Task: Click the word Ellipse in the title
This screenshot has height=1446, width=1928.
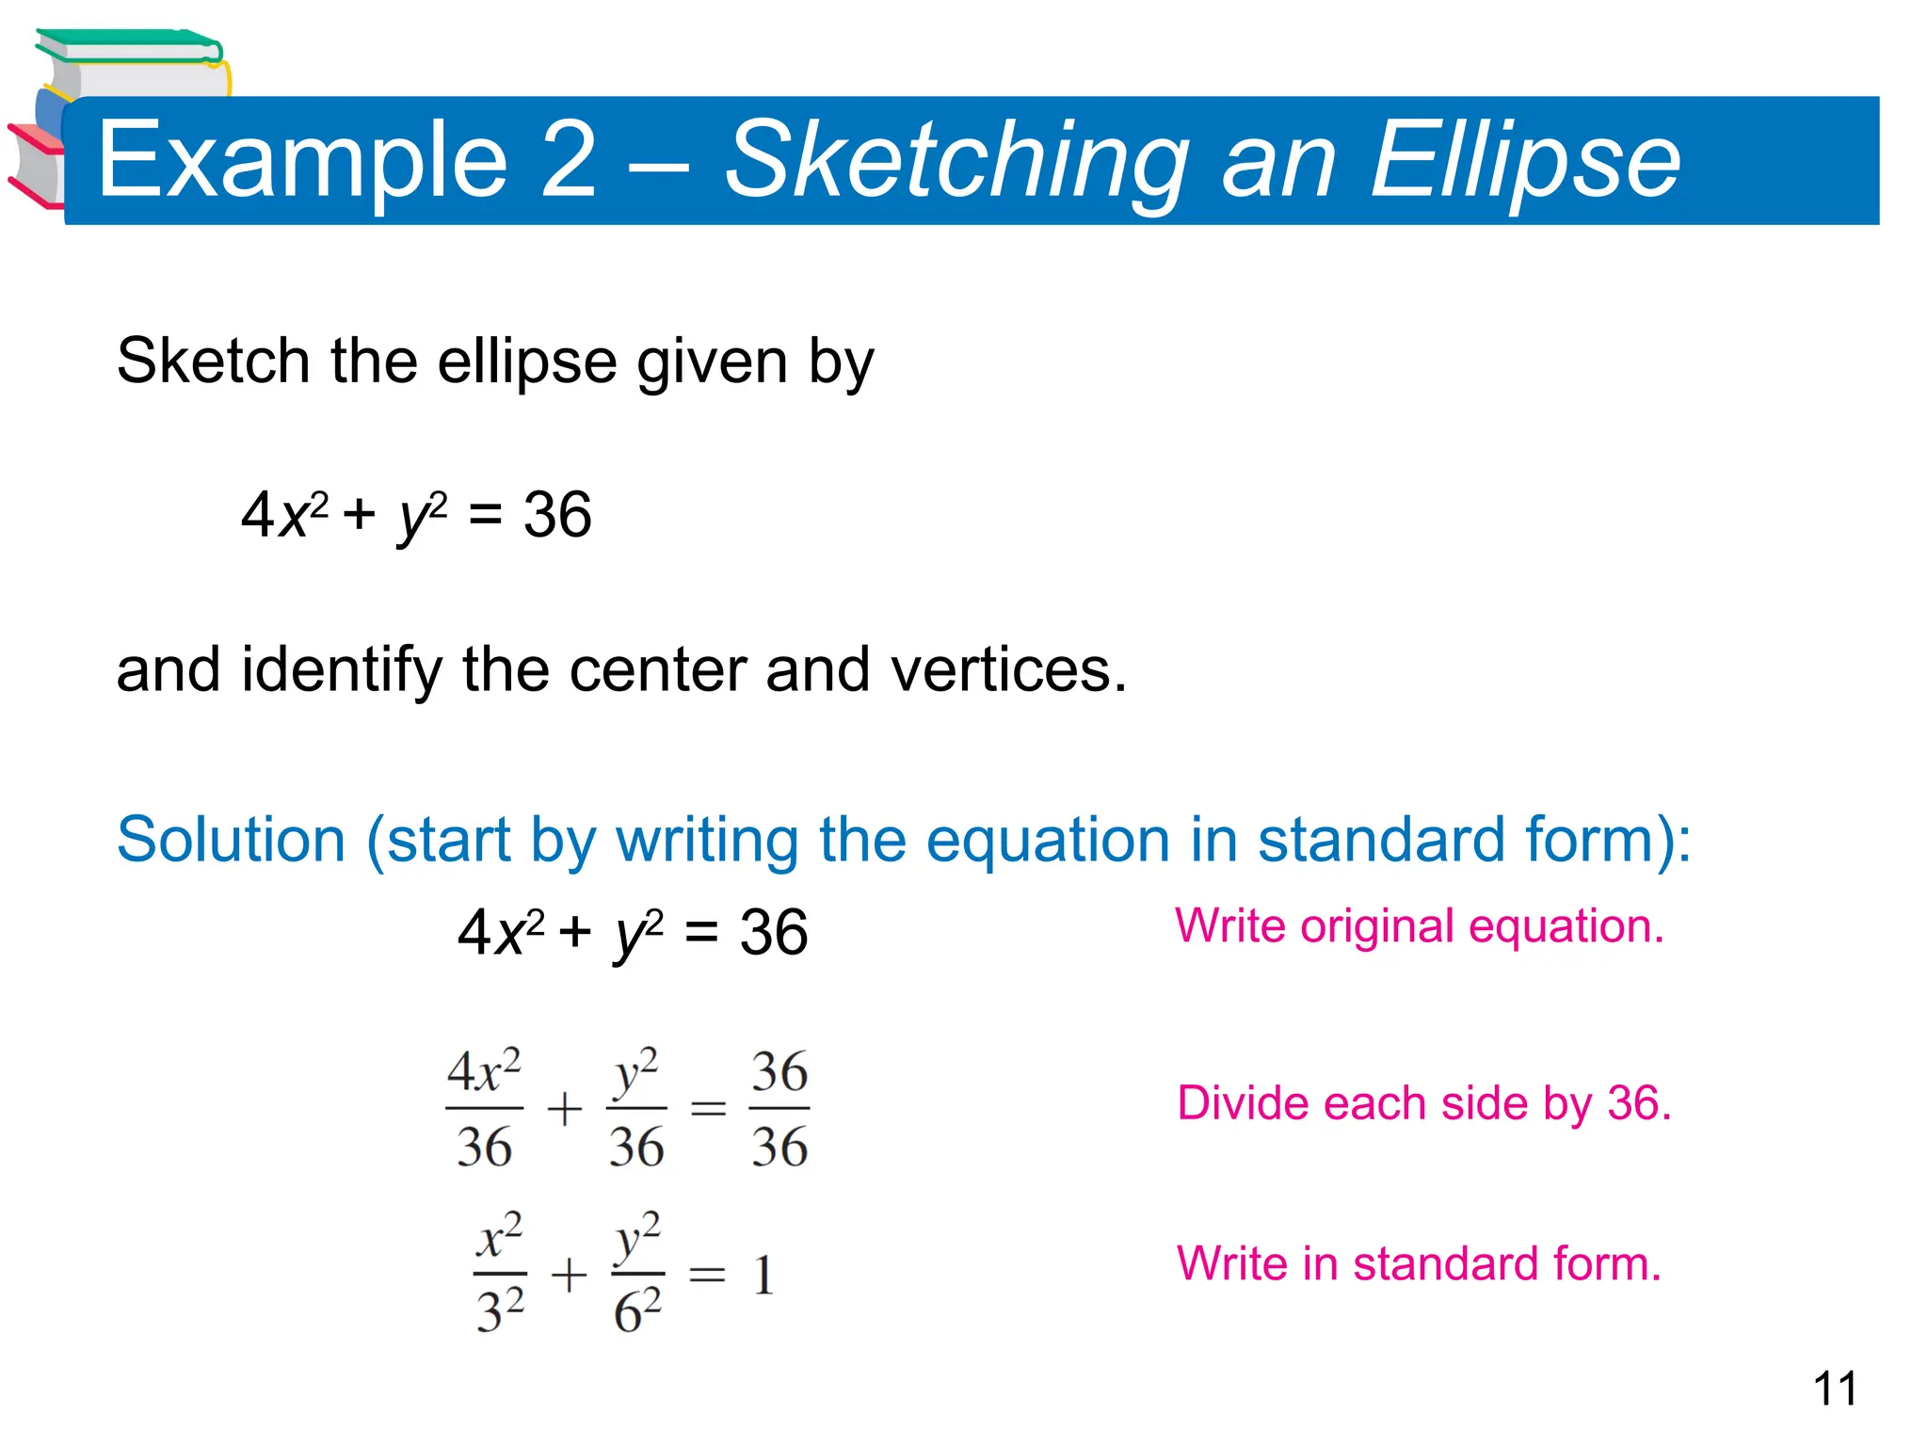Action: [1525, 162]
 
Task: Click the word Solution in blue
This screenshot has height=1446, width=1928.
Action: [232, 839]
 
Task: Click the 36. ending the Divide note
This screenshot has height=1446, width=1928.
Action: [1639, 1103]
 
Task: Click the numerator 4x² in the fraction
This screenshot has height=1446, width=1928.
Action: [484, 1072]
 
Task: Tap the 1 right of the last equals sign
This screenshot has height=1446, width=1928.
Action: [763, 1277]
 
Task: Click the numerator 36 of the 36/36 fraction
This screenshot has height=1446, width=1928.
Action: [779, 1072]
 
